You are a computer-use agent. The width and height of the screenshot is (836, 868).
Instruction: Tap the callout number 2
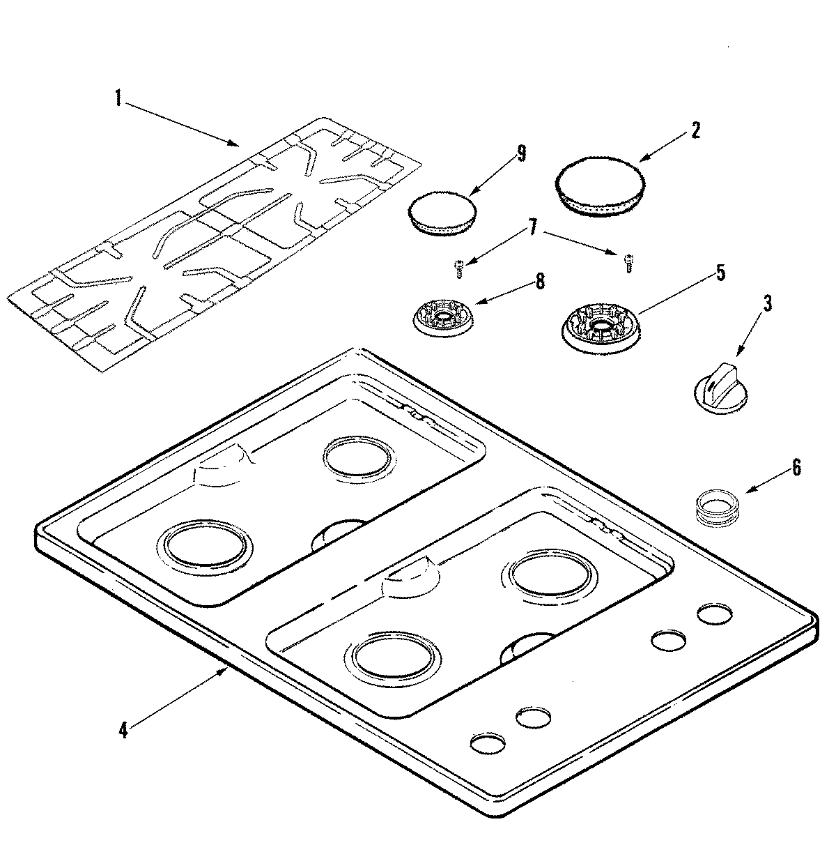[x=695, y=130]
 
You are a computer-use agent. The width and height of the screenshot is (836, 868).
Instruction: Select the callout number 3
[x=767, y=303]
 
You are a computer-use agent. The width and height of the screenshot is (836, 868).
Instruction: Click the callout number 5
[x=720, y=272]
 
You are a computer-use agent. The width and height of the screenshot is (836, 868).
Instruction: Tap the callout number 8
[x=540, y=282]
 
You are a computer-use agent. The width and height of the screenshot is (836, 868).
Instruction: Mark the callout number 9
[x=521, y=154]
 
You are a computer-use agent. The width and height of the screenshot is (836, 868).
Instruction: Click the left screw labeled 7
[x=460, y=267]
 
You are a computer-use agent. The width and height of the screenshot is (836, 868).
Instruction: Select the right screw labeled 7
[x=628, y=263]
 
